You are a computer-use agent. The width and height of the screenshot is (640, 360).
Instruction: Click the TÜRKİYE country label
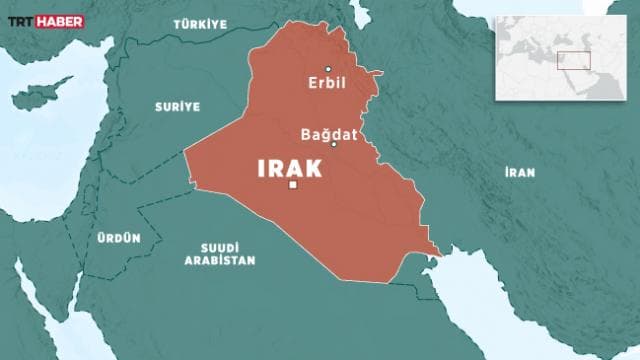(x=198, y=23)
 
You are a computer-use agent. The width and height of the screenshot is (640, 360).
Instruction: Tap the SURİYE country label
(x=177, y=105)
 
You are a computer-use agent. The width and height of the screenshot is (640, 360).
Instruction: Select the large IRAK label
(x=290, y=168)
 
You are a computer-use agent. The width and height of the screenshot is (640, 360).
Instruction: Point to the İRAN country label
(x=519, y=172)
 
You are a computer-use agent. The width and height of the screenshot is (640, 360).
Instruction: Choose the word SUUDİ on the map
(x=219, y=247)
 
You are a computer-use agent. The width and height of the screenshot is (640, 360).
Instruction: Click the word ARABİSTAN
(x=219, y=260)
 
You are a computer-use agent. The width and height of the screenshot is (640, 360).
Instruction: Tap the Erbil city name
(x=328, y=83)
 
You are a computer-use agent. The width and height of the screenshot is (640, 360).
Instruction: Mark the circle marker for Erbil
(x=328, y=69)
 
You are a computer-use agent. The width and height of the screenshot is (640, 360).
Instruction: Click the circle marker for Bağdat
(x=334, y=144)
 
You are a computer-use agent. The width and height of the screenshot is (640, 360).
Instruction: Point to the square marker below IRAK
(x=292, y=185)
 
